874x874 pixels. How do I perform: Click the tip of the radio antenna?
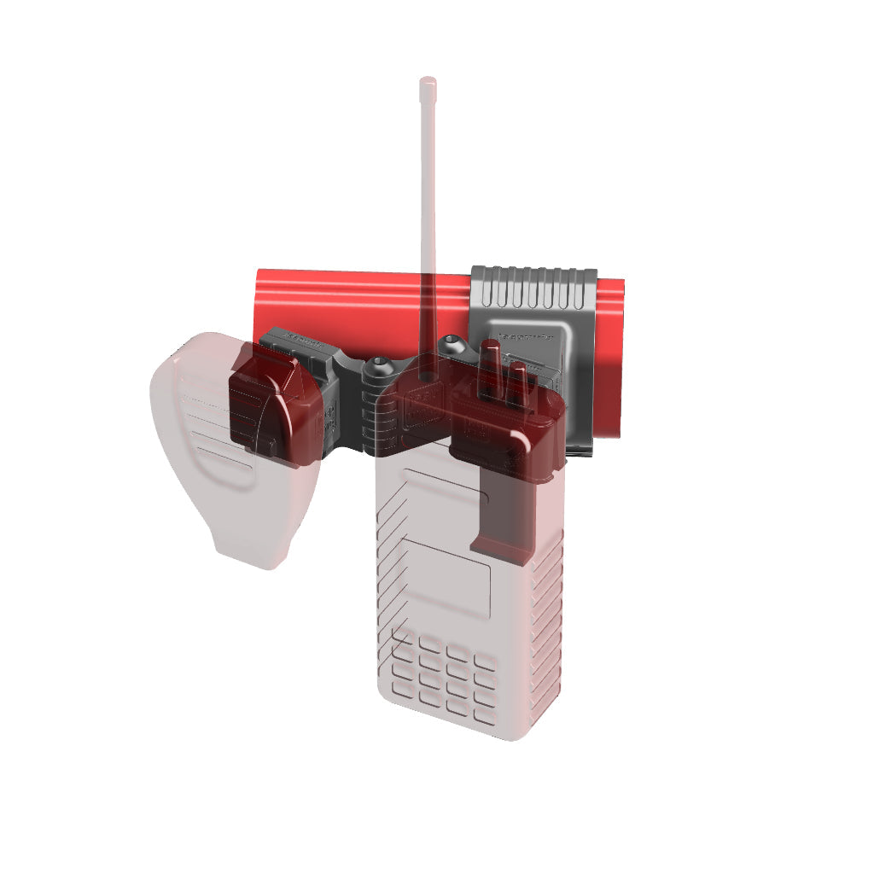pyautogui.click(x=428, y=83)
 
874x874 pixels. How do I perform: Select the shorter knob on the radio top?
pyautogui.click(x=517, y=380)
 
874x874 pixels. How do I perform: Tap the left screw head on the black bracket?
pyautogui.click(x=376, y=370)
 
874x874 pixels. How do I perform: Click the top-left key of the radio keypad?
pyautogui.click(x=400, y=636)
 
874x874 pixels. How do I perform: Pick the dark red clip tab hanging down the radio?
pyautogui.click(x=504, y=512)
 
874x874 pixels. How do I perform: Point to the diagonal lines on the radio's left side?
pyautogui.click(x=391, y=529)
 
